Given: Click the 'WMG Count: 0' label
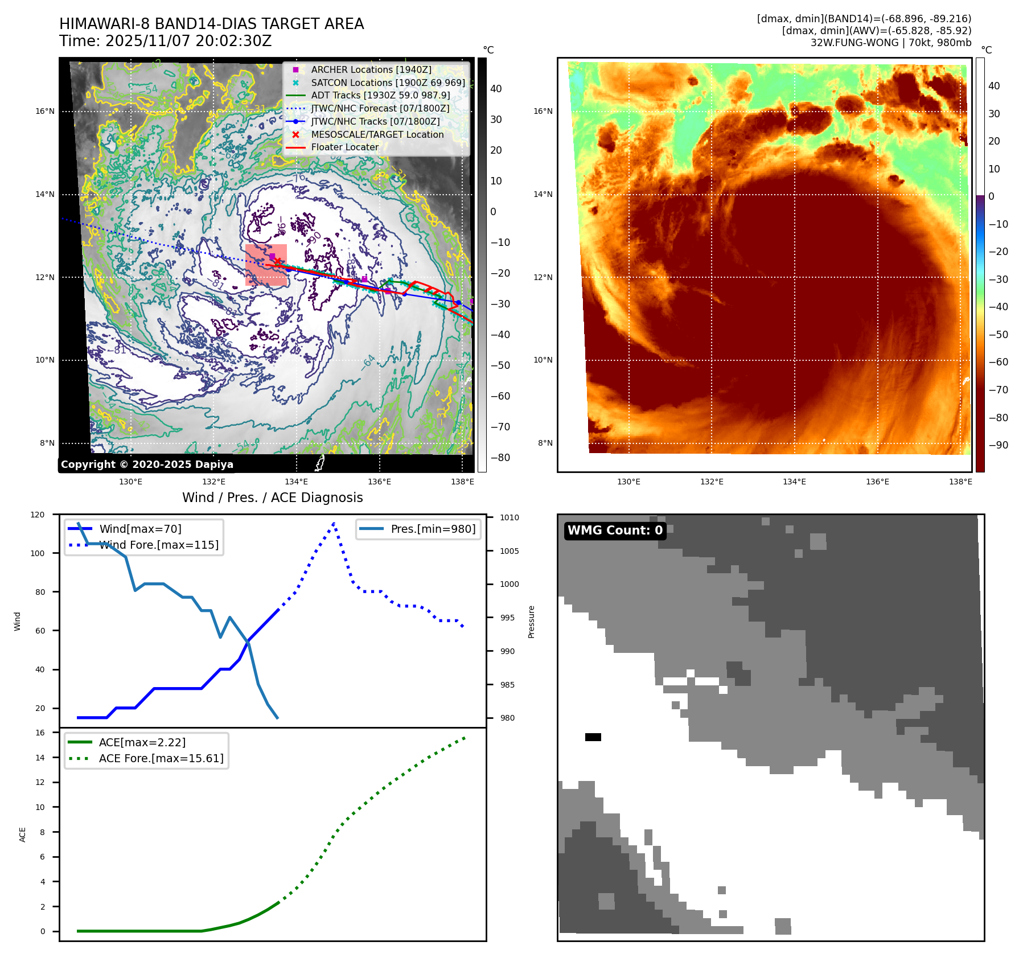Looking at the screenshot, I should [615, 531].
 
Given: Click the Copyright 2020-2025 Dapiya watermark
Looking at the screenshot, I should [147, 464].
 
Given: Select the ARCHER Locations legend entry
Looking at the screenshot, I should [371, 69].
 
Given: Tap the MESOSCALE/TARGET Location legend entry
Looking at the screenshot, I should [377, 134].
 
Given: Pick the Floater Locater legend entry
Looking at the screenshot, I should [344, 147].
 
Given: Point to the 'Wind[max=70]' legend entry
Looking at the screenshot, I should [140, 529].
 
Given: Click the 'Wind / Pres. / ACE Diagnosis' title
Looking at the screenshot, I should [272, 498].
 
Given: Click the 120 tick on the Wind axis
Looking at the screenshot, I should [38, 515].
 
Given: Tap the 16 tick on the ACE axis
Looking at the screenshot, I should [40, 733].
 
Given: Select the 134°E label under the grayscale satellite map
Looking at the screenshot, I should [297, 482].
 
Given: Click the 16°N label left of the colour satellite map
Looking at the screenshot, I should [543, 111].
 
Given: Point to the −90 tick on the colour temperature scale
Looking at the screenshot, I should [998, 445].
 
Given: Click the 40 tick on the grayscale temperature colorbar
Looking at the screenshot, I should [496, 89].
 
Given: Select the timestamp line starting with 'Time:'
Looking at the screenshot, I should [165, 41].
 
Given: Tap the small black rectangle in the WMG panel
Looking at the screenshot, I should [593, 737].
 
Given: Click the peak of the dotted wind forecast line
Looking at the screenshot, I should [334, 523].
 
